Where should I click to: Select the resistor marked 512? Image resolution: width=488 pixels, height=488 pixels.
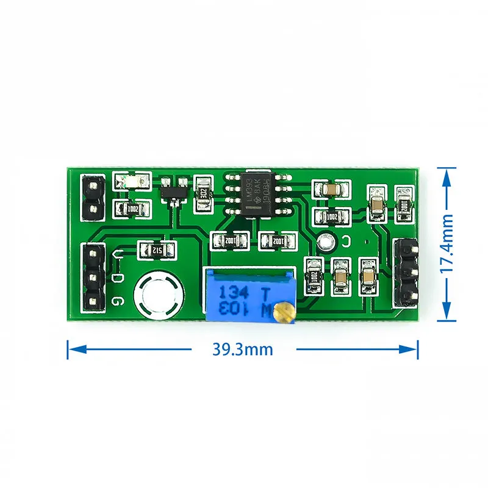(x=157, y=249)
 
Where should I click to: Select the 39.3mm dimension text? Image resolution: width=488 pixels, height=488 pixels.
(x=243, y=350)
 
